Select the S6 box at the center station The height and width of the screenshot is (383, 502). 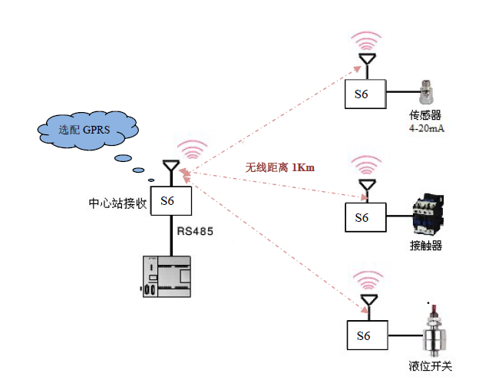169,201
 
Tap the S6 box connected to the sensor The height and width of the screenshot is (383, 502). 364,94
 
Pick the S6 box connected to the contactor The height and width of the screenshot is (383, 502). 364,217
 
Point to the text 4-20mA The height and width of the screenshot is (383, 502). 427,128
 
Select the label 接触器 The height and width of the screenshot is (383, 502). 426,246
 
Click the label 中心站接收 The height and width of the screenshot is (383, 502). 117,203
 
